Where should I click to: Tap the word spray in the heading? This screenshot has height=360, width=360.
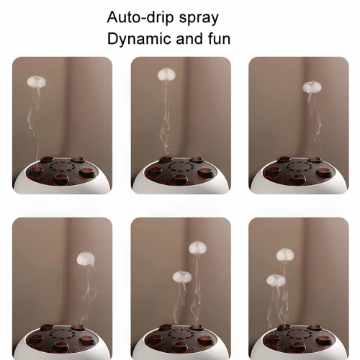199,19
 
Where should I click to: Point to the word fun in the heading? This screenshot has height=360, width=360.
219,39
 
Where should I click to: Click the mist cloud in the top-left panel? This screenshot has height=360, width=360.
36,81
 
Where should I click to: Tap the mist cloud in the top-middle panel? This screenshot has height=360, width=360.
167,73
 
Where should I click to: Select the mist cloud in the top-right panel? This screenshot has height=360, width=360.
312,87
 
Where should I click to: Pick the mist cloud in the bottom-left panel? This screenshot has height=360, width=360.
86,258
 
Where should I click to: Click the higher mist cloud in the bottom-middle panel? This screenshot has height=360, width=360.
197,248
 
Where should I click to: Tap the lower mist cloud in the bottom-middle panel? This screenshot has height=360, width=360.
182,276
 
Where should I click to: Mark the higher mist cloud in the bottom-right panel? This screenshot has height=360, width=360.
285,254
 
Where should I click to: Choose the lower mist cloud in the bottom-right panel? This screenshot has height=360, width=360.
276,280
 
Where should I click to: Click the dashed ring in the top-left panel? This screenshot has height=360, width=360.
62,166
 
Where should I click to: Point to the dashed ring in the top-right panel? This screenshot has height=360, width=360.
299,166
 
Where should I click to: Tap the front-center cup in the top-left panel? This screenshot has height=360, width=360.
60,179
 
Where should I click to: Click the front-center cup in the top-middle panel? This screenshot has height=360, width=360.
179,179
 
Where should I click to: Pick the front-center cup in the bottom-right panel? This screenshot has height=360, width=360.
297,346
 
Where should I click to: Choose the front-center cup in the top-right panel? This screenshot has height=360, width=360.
297,179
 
